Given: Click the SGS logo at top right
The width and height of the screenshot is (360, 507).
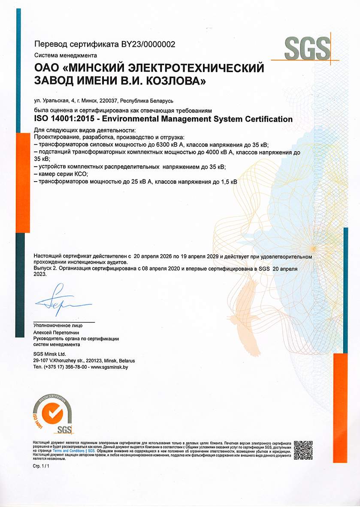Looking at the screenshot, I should tap(307, 49).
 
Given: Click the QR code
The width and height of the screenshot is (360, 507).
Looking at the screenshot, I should tap(303, 449).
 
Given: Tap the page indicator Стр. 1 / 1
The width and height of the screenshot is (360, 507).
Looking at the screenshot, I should tap(41, 466).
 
